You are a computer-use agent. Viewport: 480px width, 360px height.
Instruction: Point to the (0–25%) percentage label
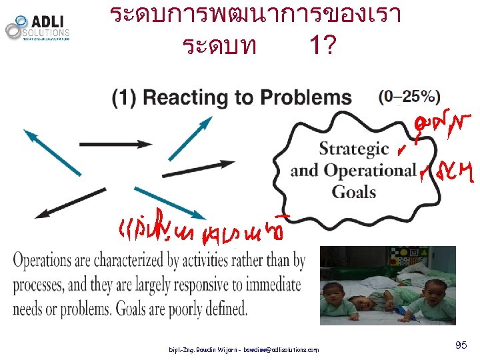(x=409, y=97)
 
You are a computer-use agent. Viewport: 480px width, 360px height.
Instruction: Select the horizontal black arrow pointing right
(x=115, y=143)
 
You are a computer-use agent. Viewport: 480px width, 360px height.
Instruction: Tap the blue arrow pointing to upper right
(x=190, y=138)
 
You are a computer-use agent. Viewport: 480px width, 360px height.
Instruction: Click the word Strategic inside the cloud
(x=353, y=149)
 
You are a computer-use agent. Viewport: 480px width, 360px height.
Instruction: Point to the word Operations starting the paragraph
(x=51, y=261)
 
